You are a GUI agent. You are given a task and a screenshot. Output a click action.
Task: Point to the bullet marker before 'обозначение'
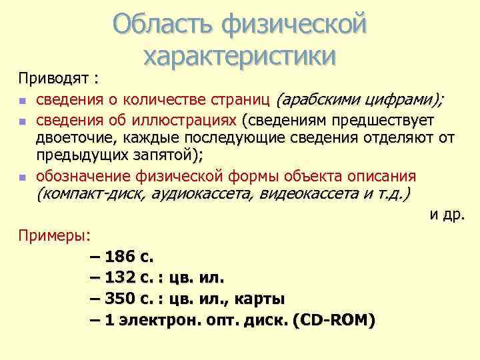tap(23, 178)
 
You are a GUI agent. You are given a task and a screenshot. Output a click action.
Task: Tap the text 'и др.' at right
tap(446, 215)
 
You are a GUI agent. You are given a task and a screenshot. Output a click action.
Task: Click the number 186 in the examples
tap(119, 256)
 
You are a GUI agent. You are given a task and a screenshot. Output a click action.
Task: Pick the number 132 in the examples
tap(119, 277)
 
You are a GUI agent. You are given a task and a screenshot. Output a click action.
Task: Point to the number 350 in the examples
tap(119, 298)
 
